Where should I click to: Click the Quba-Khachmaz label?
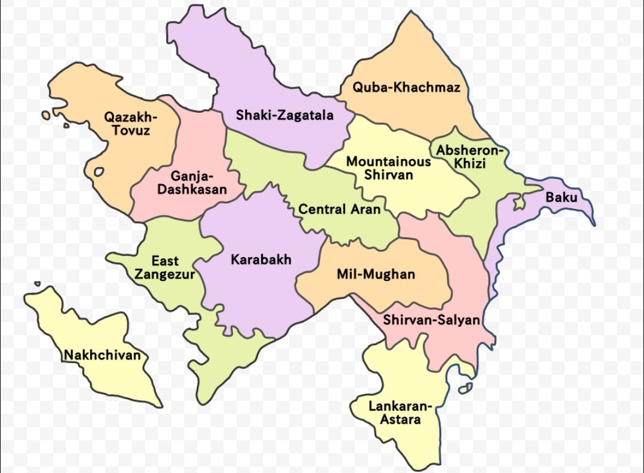tap(406, 88)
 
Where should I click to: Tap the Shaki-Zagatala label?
tap(284, 115)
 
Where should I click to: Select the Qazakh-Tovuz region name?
tap(131, 123)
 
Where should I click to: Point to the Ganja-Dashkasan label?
tap(192, 183)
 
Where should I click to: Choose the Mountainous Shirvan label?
tap(389, 168)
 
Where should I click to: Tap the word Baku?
tap(561, 197)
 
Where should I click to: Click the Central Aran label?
tap(339, 209)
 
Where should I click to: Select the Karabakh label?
tap(261, 259)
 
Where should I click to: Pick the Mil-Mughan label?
tap(376, 274)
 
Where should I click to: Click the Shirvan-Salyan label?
tap(431, 320)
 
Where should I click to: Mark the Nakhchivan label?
tap(103, 355)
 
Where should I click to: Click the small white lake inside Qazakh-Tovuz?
tap(99, 172)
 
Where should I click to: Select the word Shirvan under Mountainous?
tap(389, 175)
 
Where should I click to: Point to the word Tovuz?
tap(131, 130)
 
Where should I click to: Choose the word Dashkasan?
tap(192, 190)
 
